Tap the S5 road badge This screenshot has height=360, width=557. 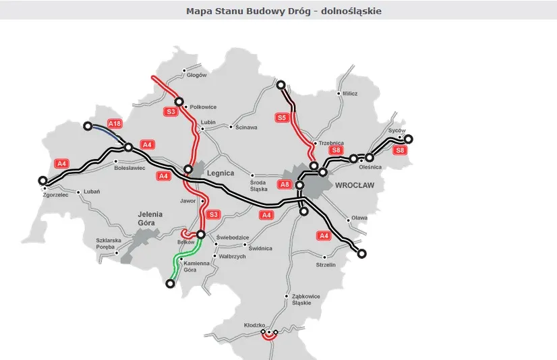click(x=283, y=117)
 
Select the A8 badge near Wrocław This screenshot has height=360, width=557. click(x=285, y=184)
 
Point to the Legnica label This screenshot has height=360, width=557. click(x=221, y=173)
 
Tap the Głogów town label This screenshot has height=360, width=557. click(x=196, y=75)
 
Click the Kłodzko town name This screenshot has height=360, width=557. click(x=254, y=326)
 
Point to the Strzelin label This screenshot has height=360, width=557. click(x=326, y=265)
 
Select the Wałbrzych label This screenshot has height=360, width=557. click(x=231, y=256)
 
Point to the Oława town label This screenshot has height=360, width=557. click(x=359, y=218)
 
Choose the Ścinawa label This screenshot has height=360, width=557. click(x=247, y=127)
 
